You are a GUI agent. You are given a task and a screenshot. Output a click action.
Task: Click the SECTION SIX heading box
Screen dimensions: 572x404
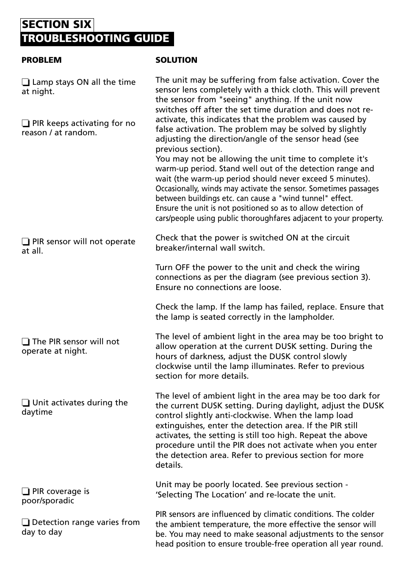point(57,25)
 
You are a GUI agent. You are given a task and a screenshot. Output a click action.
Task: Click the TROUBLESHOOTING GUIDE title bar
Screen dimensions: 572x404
point(97,39)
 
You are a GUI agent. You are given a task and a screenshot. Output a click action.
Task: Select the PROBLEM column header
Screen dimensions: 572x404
point(42,60)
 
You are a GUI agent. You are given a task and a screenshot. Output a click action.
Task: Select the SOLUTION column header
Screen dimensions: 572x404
point(176,60)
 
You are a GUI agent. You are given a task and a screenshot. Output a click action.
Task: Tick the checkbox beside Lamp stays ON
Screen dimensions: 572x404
point(26,82)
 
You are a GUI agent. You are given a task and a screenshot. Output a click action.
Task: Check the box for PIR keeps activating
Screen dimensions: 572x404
point(26,123)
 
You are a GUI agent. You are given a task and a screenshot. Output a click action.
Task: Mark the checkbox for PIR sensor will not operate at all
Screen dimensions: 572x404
point(26,242)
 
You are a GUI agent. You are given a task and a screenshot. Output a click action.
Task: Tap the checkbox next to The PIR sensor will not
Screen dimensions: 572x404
point(26,342)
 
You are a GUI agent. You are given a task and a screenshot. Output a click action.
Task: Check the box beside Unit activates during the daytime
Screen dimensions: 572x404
point(26,403)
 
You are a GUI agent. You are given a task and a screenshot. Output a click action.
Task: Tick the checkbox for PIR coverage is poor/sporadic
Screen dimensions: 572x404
point(26,491)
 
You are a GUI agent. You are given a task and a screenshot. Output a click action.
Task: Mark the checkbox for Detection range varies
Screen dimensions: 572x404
point(26,522)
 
